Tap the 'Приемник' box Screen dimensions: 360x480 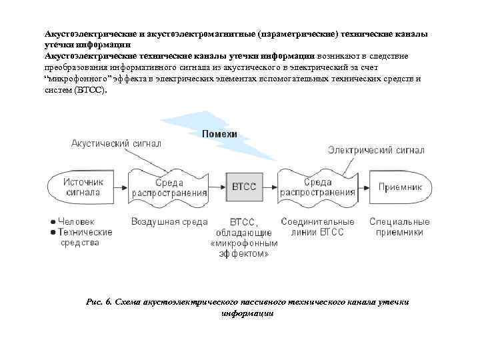pos(400,187)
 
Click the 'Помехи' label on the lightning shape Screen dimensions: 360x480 pos(219,134)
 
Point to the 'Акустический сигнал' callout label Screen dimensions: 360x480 pos(116,143)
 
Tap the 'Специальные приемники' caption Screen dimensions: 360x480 pos(400,227)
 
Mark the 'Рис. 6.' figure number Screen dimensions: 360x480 pos(99,302)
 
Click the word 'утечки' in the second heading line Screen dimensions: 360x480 pos(57,44)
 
